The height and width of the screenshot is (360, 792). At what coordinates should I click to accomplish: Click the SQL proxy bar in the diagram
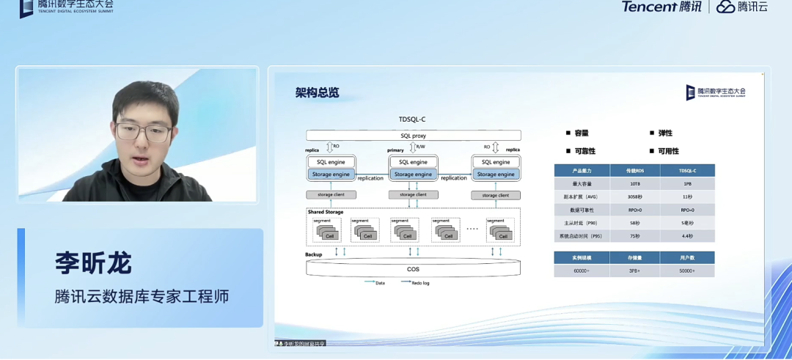pos(413,136)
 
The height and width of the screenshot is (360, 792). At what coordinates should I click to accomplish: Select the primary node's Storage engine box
pos(413,175)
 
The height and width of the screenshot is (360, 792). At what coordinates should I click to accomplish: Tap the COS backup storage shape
pos(413,268)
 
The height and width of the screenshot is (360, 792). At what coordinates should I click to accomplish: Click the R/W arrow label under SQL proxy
pos(419,147)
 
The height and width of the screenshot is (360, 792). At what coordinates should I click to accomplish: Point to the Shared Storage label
pos(325,212)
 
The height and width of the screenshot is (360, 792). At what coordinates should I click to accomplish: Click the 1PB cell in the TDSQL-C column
pos(687,184)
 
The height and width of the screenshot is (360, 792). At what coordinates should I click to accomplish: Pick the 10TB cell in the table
pos(635,184)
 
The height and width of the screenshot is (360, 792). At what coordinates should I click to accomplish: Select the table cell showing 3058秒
pos(635,197)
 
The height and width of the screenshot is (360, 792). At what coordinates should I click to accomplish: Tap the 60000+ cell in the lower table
pos(582,271)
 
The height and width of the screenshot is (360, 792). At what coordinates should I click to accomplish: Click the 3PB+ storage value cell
pos(635,271)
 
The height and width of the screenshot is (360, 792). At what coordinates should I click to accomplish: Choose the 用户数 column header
pos(687,258)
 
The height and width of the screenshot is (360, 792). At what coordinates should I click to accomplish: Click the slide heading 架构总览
pos(317,93)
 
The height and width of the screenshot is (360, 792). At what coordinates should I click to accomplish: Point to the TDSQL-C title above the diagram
pos(412,119)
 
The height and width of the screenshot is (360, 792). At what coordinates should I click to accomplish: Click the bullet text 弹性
pos(665,133)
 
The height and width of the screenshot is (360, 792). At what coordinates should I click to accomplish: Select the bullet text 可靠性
pos(584,151)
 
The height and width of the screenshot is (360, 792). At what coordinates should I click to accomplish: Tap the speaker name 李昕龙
pos(93,262)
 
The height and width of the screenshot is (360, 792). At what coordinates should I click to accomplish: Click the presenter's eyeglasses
pos(143,132)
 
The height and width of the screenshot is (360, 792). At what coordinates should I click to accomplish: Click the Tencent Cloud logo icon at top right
pos(725,7)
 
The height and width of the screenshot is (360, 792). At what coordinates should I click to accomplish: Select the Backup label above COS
pos(314,254)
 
